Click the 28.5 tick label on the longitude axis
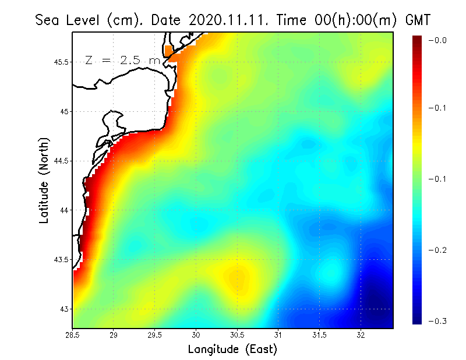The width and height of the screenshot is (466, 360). tap(72, 334)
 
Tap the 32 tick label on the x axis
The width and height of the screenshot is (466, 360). tap(361, 334)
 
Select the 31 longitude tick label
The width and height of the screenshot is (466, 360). tap(278, 334)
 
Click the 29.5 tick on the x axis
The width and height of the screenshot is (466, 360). tap(155, 334)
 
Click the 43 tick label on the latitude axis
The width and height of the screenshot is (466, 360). tap(65, 309)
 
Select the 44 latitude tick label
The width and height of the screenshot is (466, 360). tap(65, 210)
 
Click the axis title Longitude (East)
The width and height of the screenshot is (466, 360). tap(232, 349)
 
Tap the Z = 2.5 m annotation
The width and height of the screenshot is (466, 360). tap(122, 60)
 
